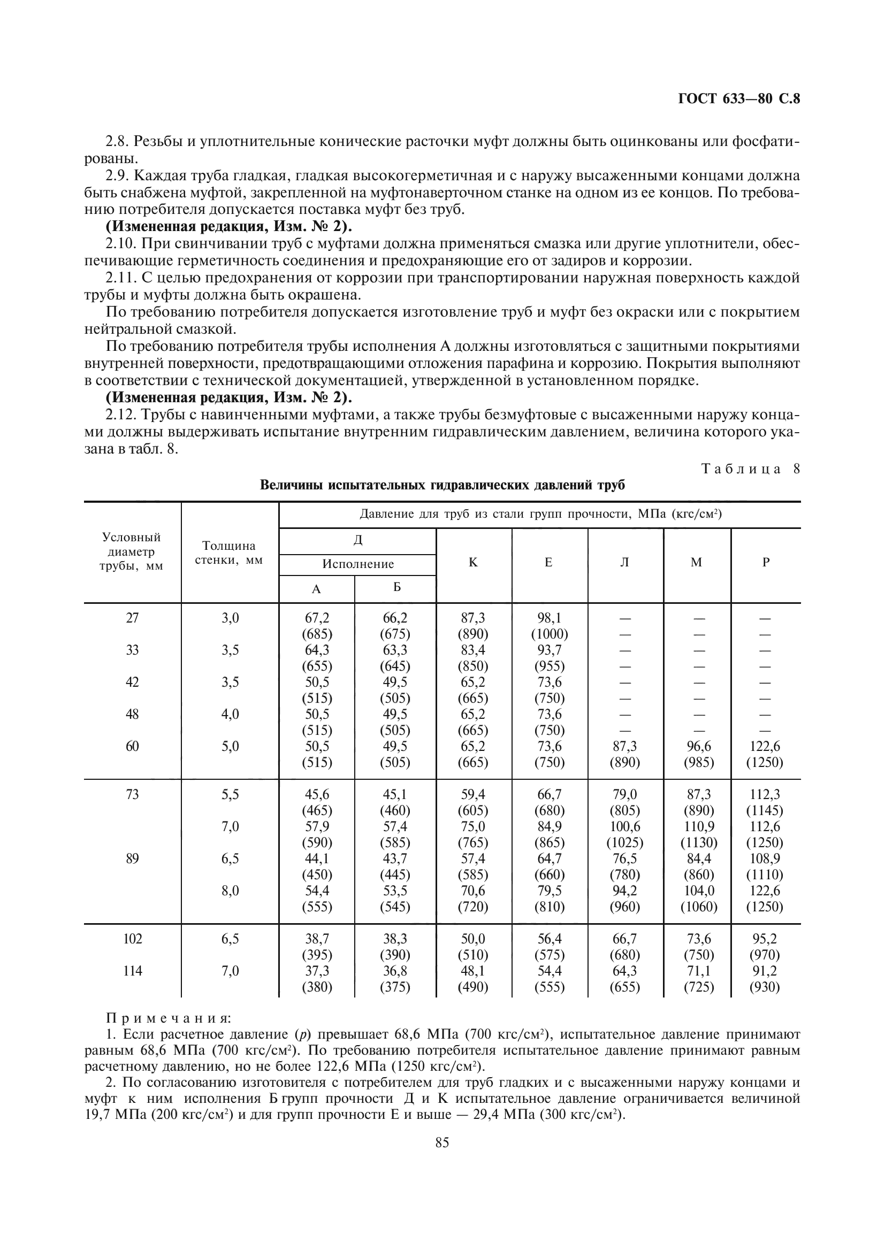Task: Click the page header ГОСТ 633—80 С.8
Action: tap(738, 99)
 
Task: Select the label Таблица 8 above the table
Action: tap(750, 469)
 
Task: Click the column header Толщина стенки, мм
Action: tap(229, 552)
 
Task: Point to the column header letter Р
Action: tap(766, 562)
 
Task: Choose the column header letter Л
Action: tap(624, 562)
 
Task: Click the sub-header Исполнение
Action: tap(357, 564)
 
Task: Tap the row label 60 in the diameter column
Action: tap(132, 746)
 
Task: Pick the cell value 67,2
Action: tap(317, 618)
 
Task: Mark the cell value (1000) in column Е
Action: tap(550, 634)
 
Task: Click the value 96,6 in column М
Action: tap(699, 746)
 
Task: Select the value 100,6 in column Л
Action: tap(624, 826)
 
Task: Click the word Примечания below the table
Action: tap(169, 1018)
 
